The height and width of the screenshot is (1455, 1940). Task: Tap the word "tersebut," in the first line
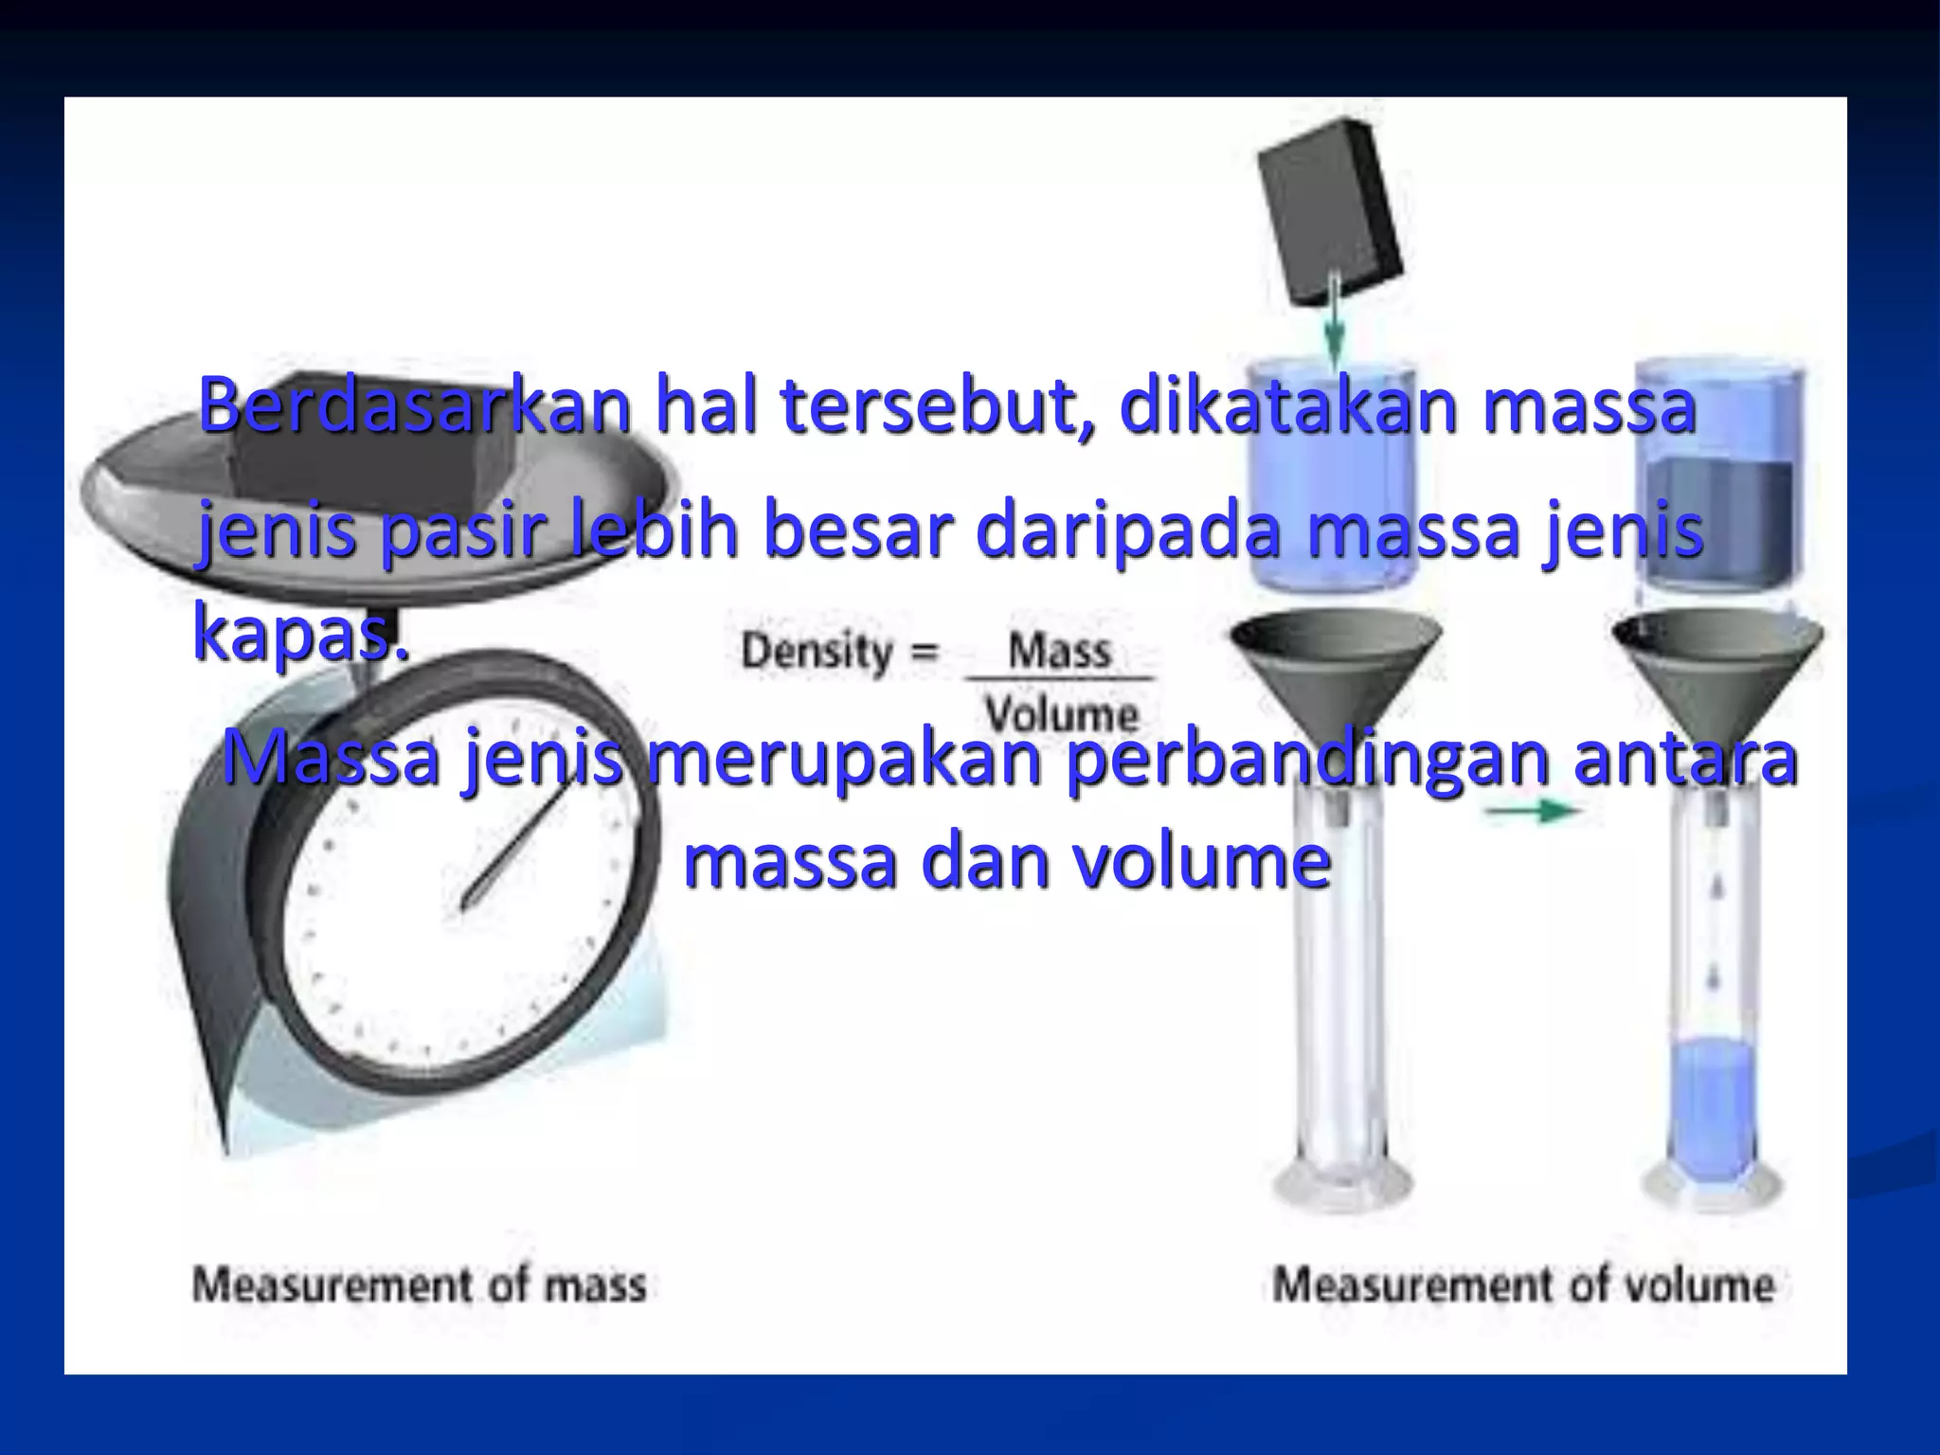click(938, 405)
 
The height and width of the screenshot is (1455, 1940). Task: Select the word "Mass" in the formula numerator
click(1059, 652)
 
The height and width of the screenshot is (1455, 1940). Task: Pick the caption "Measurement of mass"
click(420, 1285)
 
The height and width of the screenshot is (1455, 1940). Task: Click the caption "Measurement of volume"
click(1523, 1285)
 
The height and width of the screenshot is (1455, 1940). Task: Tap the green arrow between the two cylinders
click(1531, 811)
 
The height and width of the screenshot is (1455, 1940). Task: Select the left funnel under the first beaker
click(1336, 663)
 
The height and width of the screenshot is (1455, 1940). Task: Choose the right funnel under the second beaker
click(1716, 663)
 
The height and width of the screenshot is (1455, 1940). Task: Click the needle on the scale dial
click(512, 848)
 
